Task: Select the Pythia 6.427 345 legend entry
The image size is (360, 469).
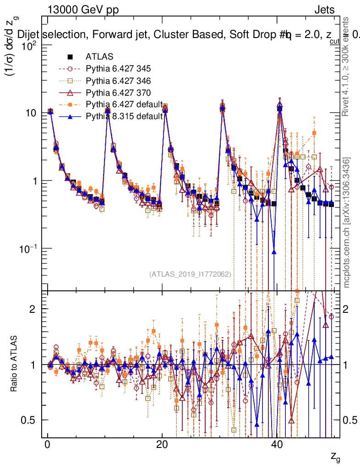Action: tap(118, 69)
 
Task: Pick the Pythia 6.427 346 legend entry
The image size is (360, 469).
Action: tap(118, 81)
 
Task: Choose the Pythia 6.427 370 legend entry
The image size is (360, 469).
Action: tap(118, 93)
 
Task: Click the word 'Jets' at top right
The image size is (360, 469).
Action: tap(324, 10)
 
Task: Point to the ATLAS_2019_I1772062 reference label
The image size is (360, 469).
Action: tap(190, 274)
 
